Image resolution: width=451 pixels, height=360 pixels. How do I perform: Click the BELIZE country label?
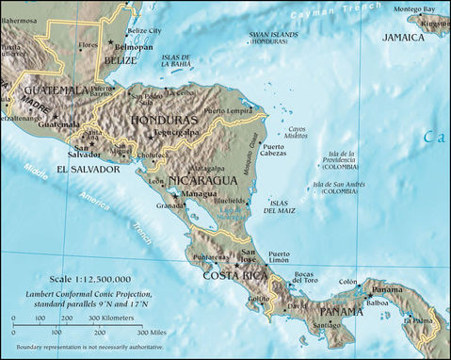pos(121,60)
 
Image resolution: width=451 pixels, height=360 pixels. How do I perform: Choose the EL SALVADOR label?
pos(88,170)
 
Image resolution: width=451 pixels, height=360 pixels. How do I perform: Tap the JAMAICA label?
pos(403,37)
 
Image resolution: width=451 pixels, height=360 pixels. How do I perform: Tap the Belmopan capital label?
pos(135,45)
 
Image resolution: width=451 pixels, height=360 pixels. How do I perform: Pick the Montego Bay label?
pos(413,8)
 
